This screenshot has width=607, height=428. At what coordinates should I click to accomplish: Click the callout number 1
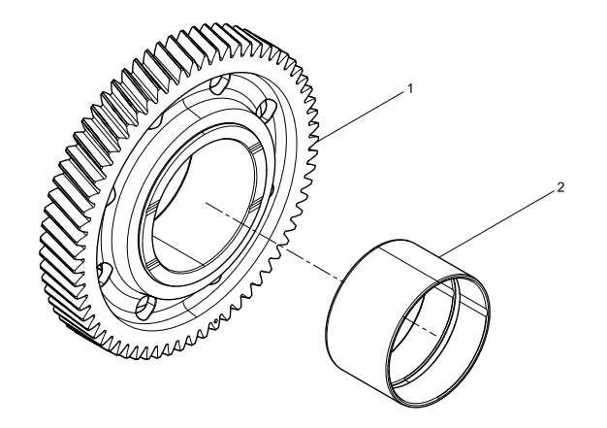coord(410,88)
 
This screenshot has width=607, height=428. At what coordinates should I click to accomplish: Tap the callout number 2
coord(560,188)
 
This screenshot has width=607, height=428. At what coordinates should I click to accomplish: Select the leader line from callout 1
coord(361,115)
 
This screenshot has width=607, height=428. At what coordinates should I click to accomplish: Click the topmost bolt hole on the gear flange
coord(219,85)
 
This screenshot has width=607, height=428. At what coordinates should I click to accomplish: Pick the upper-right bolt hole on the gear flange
coord(268,109)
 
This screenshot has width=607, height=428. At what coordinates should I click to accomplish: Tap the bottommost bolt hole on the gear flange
coord(146,308)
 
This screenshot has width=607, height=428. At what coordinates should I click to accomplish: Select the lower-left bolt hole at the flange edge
coord(104,273)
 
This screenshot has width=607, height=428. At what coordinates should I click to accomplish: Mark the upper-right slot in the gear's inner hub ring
coord(255,149)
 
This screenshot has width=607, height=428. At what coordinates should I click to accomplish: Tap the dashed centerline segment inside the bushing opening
coord(421,326)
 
